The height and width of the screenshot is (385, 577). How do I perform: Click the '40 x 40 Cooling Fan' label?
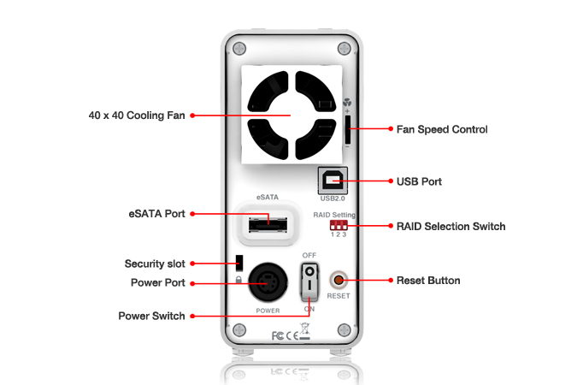tap(137, 115)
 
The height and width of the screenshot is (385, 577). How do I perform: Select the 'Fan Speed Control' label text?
tap(442, 130)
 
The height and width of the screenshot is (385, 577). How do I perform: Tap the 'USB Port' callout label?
tap(419, 181)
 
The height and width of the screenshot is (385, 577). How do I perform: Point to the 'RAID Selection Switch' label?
tap(450, 227)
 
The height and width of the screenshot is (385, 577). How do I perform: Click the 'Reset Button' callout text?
tap(428, 281)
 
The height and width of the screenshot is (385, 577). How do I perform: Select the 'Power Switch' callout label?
tap(151, 316)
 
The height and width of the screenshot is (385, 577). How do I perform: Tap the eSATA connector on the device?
tap(265, 226)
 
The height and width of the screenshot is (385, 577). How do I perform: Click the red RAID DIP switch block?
tap(338, 225)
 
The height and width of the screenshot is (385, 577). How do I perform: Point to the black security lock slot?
tap(239, 261)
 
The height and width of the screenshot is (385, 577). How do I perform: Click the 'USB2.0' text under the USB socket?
tap(333, 198)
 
